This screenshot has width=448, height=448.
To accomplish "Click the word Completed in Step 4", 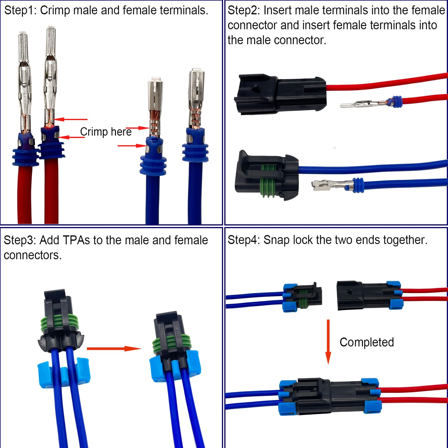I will point(366,342).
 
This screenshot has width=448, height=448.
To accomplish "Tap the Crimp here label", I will point(106,132).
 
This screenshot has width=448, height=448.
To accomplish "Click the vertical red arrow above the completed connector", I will point(328,342).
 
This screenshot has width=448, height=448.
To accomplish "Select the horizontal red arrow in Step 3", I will point(114,349).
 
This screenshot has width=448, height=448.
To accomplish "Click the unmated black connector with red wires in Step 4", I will point(369,296).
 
